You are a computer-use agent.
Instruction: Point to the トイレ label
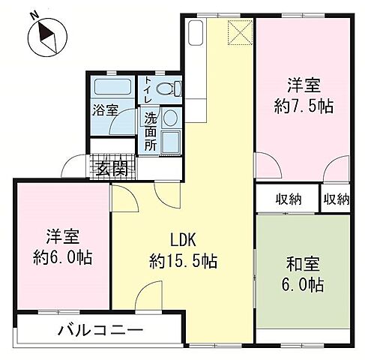pyautogui.click(x=148, y=90)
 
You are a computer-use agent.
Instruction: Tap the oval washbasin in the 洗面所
pyautogui.click(x=169, y=118)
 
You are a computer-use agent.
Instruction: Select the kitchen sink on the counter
pyautogui.click(x=196, y=34)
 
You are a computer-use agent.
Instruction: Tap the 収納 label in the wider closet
pyautogui.click(x=287, y=199)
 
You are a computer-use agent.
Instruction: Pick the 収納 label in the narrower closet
pyautogui.click(x=337, y=199)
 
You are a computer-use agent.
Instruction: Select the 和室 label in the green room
pyautogui.click(x=304, y=265)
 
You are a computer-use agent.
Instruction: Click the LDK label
pyautogui.click(x=183, y=241)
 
